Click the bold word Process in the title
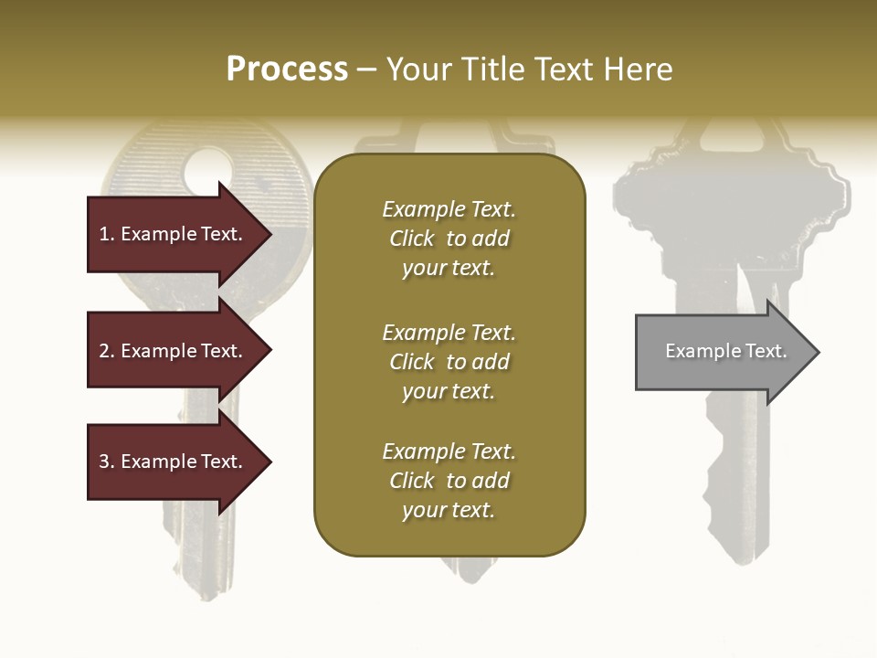[287, 69]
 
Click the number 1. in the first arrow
[107, 234]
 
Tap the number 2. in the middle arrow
[107, 351]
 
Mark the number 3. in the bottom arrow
[107, 462]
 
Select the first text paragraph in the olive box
[449, 239]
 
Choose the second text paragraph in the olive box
[449, 362]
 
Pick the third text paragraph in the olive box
[449, 481]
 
